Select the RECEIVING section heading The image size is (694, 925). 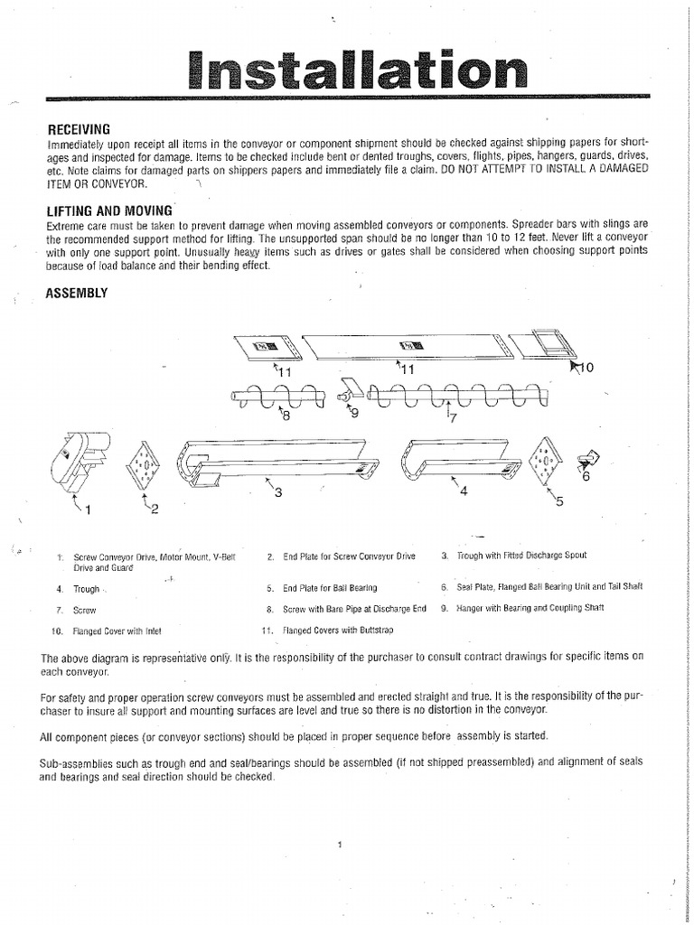pos(79,129)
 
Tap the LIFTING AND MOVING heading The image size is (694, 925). pos(108,210)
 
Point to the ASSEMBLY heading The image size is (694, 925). pos(77,293)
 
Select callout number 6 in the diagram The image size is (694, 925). pos(586,476)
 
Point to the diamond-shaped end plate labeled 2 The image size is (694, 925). pos(144,465)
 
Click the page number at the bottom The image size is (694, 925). pos(336,844)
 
